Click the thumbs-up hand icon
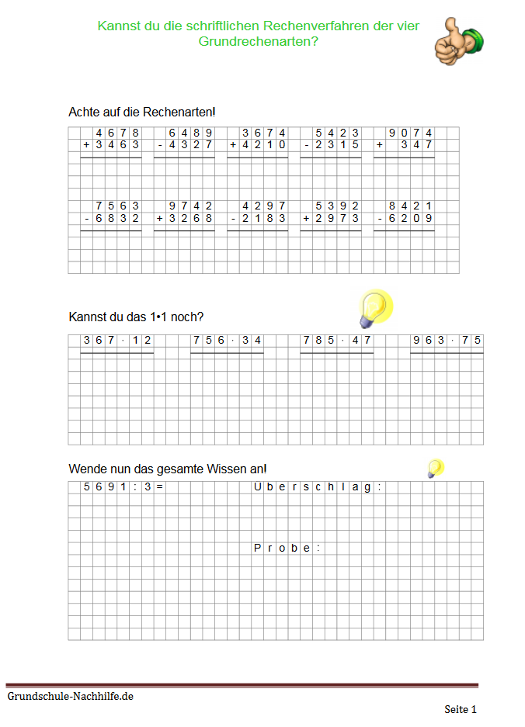point(458,41)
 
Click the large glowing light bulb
point(375,308)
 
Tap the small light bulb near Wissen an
point(436,467)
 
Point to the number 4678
point(117,133)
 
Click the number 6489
point(190,133)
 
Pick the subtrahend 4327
point(190,145)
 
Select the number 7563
point(117,206)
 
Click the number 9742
point(190,206)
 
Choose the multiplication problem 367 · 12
point(117,341)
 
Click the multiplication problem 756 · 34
point(228,341)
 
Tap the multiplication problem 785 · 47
point(337,341)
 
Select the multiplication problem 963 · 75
point(447,341)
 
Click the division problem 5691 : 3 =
point(123,487)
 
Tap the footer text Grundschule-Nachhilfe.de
point(71,697)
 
